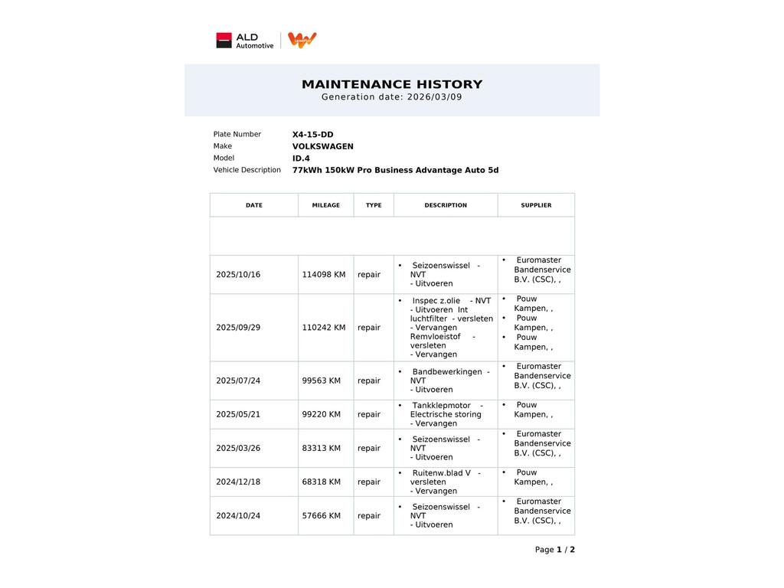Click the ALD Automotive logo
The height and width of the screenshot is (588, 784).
[x=245, y=41]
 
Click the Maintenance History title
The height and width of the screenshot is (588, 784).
[x=392, y=84]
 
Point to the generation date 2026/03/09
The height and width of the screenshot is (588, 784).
[x=434, y=97]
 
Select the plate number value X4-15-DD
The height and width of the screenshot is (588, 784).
[x=312, y=135]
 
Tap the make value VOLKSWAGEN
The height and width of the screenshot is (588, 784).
[x=322, y=147]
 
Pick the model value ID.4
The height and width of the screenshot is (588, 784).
[x=301, y=158]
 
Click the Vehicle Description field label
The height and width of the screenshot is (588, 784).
[x=247, y=170]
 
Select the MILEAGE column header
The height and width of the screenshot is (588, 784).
[x=325, y=205]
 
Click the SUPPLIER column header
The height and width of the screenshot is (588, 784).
[x=536, y=205]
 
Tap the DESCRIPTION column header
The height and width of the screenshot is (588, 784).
[x=446, y=205]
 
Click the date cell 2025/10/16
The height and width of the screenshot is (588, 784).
[x=238, y=275]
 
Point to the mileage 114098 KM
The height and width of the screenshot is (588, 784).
[x=323, y=275]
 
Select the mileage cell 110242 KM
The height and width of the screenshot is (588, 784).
[x=323, y=328]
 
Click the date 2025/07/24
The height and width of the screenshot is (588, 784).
[x=238, y=381]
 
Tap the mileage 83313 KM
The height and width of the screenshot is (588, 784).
[x=321, y=449]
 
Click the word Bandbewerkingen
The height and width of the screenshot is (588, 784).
[x=447, y=372]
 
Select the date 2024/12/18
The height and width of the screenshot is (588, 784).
[x=238, y=482]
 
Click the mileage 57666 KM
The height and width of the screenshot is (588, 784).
[x=321, y=516]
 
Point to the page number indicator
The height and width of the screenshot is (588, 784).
[x=554, y=550]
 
